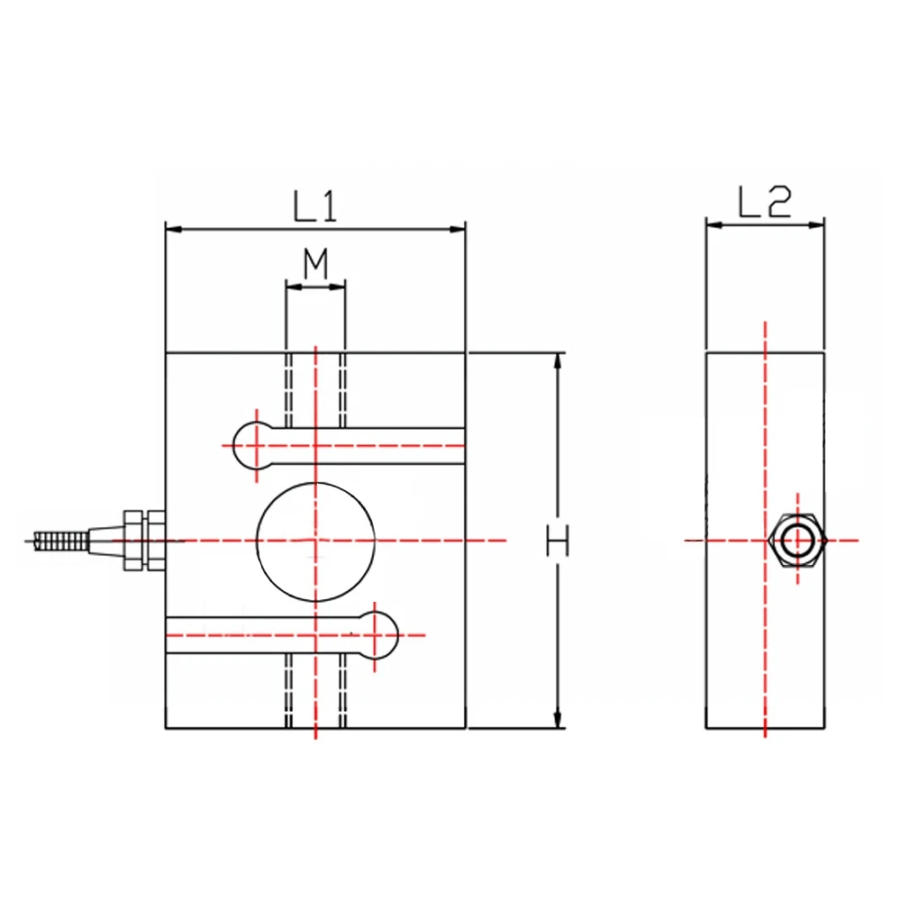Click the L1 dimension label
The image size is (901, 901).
tap(314, 206)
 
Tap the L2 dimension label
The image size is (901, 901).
tap(764, 204)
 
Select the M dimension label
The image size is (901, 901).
tap(314, 265)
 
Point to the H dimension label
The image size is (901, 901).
tap(559, 542)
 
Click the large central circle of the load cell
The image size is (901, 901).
tap(315, 541)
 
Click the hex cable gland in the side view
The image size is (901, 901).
tap(797, 541)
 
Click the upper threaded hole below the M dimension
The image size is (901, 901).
tap(314, 389)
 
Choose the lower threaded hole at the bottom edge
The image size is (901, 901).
tap(314, 690)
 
